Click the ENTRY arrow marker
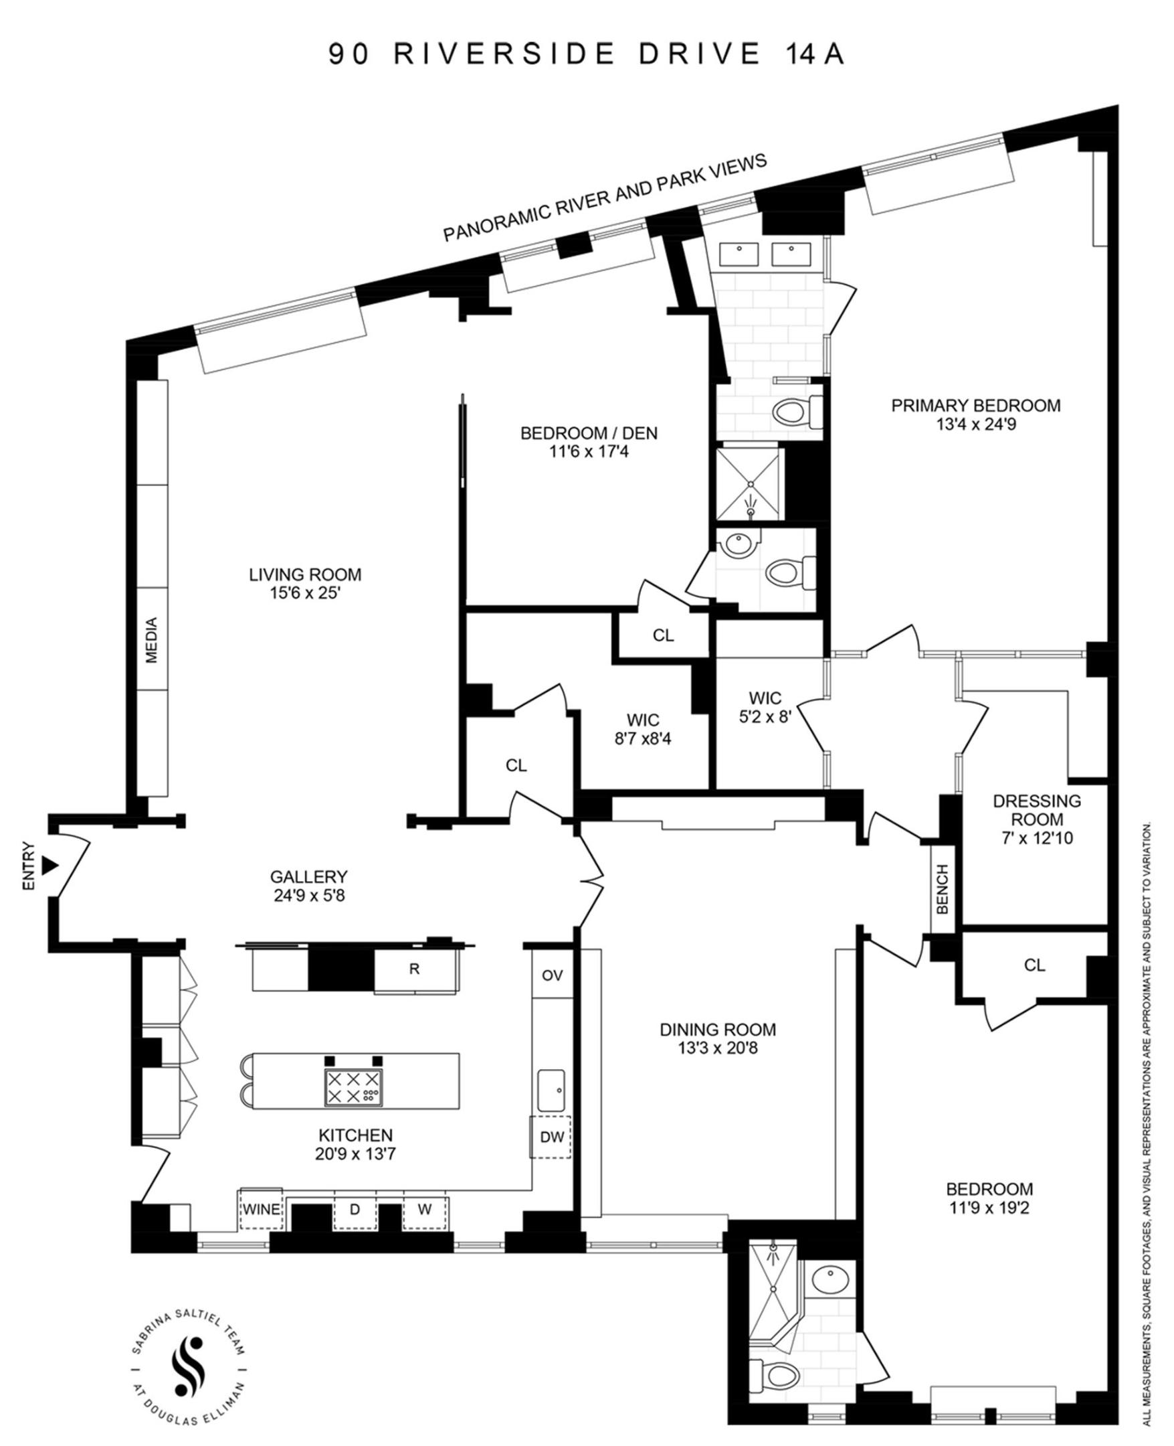49,866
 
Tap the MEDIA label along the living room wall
151,639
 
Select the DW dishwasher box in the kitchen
551,1137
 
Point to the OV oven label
552,975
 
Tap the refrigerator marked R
414,969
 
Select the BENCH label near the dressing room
942,889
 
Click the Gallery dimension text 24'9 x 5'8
308,896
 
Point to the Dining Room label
718,1029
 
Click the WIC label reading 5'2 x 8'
765,716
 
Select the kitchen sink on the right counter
552,1090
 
